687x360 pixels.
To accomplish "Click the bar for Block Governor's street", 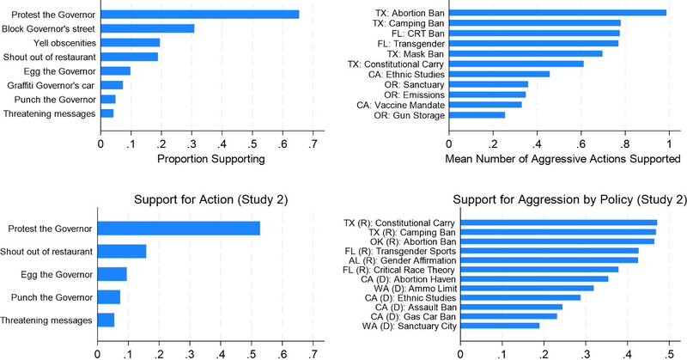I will coord(147,28).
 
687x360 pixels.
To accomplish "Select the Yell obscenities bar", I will coord(130,42).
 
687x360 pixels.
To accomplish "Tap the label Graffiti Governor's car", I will coord(52,84).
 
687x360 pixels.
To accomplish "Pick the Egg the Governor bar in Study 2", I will coord(112,274).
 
